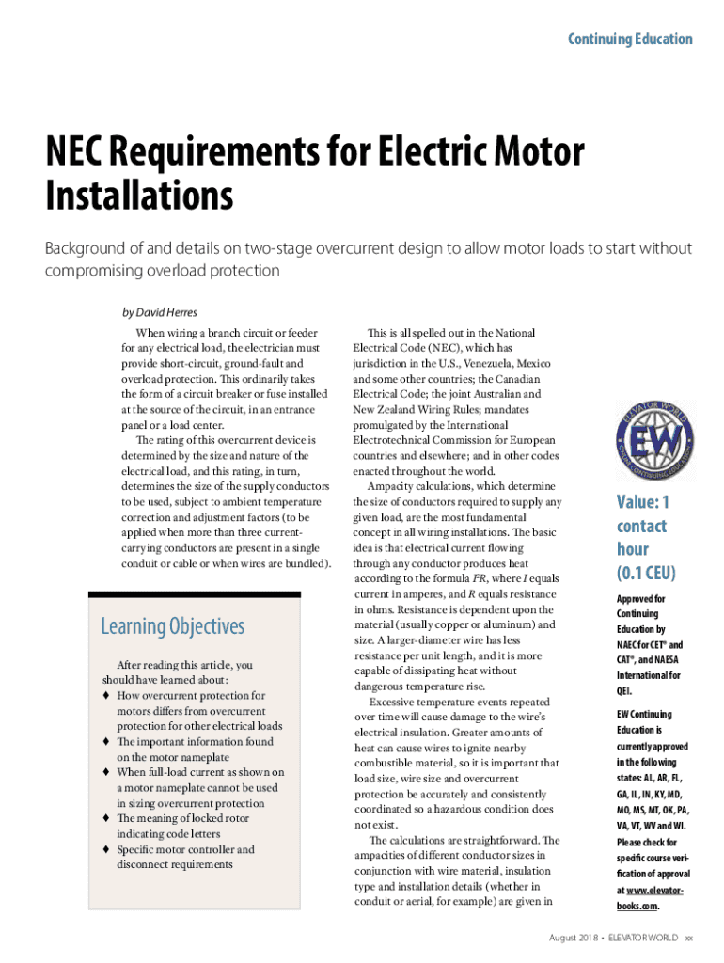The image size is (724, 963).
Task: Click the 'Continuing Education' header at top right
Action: (x=630, y=39)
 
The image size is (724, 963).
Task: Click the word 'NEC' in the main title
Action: (x=79, y=152)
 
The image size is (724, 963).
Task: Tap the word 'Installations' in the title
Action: (x=139, y=196)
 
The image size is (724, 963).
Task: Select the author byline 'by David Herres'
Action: (x=160, y=312)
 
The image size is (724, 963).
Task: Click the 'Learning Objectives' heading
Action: (x=172, y=626)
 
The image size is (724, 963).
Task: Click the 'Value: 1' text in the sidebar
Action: (x=643, y=503)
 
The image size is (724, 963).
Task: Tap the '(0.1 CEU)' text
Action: (x=646, y=572)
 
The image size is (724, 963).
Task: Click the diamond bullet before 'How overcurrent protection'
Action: (x=107, y=696)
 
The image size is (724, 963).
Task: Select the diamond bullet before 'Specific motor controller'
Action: (x=107, y=850)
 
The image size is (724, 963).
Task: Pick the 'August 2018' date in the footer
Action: (x=575, y=939)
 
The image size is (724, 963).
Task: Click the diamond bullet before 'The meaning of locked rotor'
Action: (x=107, y=819)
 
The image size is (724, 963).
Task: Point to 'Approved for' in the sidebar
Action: (x=640, y=599)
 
